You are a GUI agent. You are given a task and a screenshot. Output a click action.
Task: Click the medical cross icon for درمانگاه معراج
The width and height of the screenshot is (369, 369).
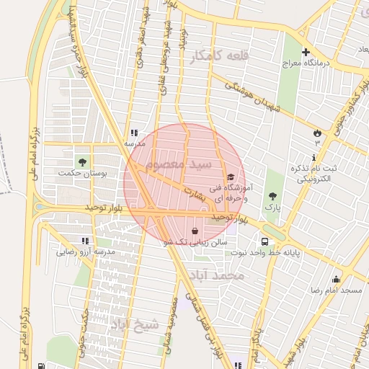coord(306,52)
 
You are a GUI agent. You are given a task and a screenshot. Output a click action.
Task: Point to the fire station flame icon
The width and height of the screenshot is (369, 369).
coord(317,133)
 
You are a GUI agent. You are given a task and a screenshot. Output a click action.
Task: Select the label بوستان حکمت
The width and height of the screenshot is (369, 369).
coord(80,174)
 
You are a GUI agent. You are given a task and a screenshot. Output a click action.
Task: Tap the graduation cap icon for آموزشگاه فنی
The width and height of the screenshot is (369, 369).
coord(230,177)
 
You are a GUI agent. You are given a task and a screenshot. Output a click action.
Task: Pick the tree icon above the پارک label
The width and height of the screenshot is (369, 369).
coord(272,195)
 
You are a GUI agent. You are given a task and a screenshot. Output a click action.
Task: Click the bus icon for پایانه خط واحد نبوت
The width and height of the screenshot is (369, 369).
coord(264,241)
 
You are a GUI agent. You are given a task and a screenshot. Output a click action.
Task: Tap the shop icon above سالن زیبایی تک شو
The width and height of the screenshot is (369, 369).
coord(195,231)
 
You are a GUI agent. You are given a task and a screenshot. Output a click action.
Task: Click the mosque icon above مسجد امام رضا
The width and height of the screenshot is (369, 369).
coord(335,279)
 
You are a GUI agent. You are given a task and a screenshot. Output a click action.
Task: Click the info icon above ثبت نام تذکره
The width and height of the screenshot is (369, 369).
coord(315,157)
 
